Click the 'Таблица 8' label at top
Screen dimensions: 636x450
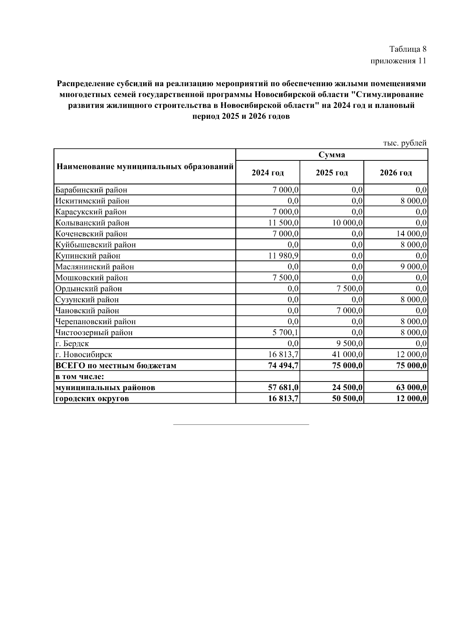click(x=408, y=49)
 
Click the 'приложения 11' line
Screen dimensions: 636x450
click(x=398, y=61)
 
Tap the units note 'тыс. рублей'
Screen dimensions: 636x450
click(x=405, y=143)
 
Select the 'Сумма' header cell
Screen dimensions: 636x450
click(x=331, y=155)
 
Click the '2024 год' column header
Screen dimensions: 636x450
click(x=268, y=173)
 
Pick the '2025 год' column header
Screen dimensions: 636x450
click(x=331, y=173)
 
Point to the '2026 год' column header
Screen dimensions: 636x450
click(x=396, y=173)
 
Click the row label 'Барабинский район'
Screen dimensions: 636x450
click(x=91, y=190)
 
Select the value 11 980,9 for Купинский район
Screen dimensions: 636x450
click(x=283, y=256)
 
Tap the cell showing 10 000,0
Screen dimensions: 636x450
click(x=347, y=223)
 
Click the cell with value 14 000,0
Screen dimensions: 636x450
click(x=411, y=234)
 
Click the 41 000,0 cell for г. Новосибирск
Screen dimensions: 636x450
click(x=347, y=355)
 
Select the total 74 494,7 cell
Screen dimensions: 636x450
click(x=283, y=365)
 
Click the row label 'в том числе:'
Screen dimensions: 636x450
click(x=79, y=376)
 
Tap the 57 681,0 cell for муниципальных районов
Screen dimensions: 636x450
click(x=283, y=388)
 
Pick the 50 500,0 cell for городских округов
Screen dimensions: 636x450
click(x=347, y=398)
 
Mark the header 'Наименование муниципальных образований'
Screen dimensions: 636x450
click(x=145, y=166)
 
